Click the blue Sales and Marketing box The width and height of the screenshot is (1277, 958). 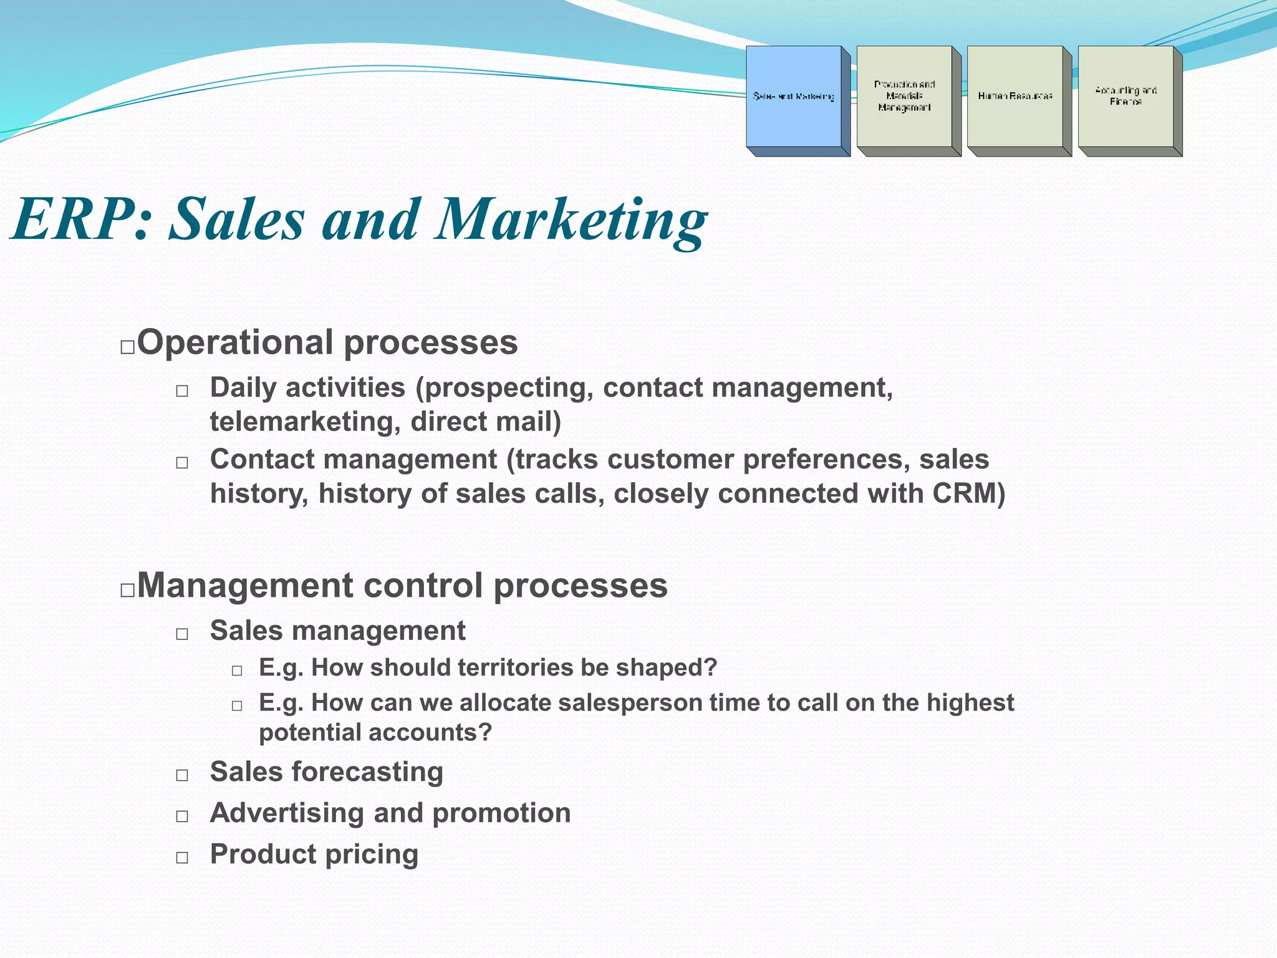click(x=793, y=97)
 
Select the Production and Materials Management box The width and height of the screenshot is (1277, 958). click(x=904, y=97)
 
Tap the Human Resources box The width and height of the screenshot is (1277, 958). click(x=1014, y=97)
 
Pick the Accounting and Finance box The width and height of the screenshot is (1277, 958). click(x=1125, y=97)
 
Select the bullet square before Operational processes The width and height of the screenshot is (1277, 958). click(x=127, y=347)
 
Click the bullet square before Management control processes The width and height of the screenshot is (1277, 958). click(x=127, y=590)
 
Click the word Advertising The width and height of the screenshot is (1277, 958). click(x=287, y=813)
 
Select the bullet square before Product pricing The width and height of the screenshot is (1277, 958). click(x=182, y=858)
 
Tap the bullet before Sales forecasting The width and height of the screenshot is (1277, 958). click(x=182, y=775)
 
